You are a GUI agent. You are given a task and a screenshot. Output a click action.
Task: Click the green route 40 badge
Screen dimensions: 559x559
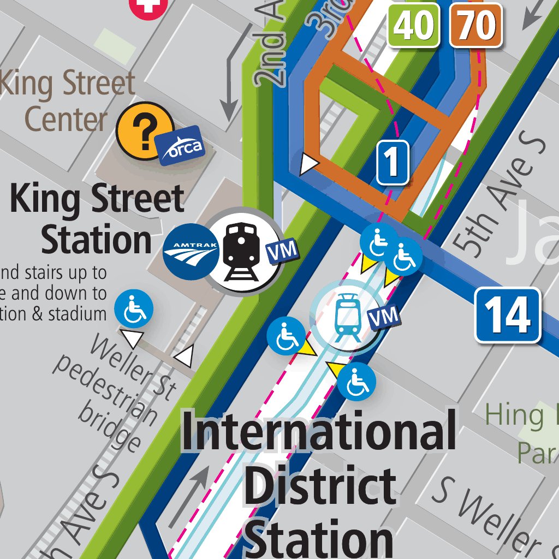(x=414, y=25)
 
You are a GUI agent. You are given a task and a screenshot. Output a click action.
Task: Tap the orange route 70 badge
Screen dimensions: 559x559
(x=476, y=25)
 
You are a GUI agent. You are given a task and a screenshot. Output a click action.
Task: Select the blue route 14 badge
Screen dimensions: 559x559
(x=507, y=316)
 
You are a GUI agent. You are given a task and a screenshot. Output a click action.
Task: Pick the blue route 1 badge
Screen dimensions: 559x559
(x=393, y=162)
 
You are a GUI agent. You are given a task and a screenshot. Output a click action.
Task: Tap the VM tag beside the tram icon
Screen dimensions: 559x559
(x=384, y=317)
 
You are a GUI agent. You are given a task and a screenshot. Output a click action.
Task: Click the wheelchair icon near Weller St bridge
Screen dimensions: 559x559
(x=133, y=309)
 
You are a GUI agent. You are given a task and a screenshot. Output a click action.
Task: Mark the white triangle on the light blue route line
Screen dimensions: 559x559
(x=310, y=163)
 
